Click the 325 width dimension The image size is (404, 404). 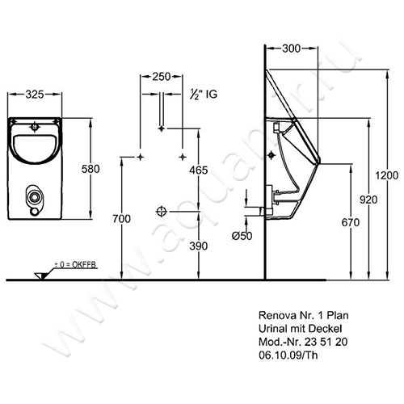(35, 95)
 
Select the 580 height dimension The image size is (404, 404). (90, 169)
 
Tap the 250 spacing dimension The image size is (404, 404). (162, 77)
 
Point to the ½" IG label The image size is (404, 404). (204, 95)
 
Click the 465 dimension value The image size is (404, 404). (199, 170)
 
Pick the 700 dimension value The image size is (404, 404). (122, 219)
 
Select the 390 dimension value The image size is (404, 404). (199, 246)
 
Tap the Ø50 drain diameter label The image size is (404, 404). (242, 236)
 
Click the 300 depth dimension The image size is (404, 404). (291, 48)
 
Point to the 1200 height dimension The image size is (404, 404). (387, 175)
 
